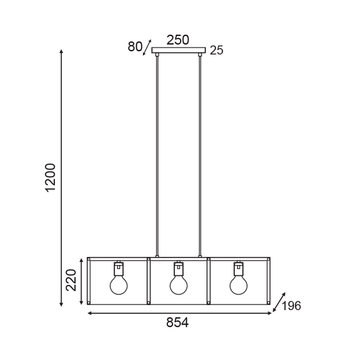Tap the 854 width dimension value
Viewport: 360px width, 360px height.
(x=177, y=323)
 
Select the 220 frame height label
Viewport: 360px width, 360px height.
(x=71, y=280)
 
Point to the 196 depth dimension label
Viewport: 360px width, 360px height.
(x=291, y=306)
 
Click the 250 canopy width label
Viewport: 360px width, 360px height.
(x=177, y=40)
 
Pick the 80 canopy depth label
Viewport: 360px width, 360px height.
(x=135, y=46)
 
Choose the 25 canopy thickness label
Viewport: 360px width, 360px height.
(x=217, y=51)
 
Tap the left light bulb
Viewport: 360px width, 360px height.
(x=119, y=284)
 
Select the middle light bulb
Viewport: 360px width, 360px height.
(x=179, y=284)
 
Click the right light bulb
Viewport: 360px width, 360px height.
(x=238, y=284)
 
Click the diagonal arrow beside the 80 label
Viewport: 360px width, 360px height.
(x=148, y=46)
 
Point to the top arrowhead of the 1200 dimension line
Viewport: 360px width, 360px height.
(x=61, y=51)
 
